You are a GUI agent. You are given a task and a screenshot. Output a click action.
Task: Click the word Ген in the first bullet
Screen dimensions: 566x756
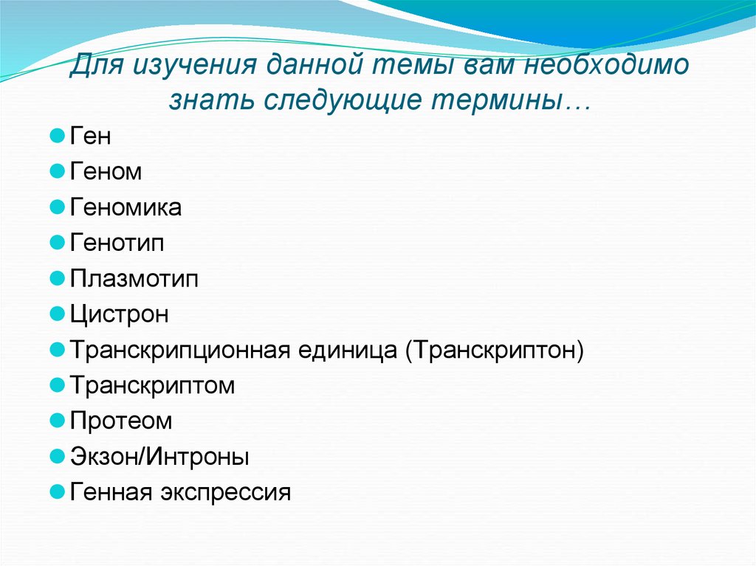pyautogui.click(x=90, y=137)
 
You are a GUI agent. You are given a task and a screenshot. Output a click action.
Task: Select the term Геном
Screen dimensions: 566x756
pyautogui.click(x=106, y=172)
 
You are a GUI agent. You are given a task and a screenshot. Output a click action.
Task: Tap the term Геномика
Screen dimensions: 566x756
pyautogui.click(x=126, y=208)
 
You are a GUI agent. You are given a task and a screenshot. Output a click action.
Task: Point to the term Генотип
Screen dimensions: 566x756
pyautogui.click(x=117, y=244)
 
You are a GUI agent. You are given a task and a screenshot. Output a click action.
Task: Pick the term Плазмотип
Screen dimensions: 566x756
pyautogui.click(x=134, y=279)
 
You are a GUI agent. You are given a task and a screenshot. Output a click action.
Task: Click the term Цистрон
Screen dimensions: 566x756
pyautogui.click(x=120, y=315)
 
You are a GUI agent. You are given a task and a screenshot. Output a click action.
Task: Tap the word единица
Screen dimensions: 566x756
pyautogui.click(x=348, y=351)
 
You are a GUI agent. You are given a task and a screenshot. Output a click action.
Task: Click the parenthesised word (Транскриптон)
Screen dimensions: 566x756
pyautogui.click(x=494, y=351)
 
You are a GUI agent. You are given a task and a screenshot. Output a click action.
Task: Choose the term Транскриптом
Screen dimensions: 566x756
pyautogui.click(x=152, y=386)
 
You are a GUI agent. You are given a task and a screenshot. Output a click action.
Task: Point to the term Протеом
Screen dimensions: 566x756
pyautogui.click(x=121, y=421)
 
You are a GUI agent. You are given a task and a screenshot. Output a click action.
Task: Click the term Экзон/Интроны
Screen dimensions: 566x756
pyautogui.click(x=159, y=457)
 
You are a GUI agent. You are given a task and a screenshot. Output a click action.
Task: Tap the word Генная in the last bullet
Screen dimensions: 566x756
pyautogui.click(x=111, y=492)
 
